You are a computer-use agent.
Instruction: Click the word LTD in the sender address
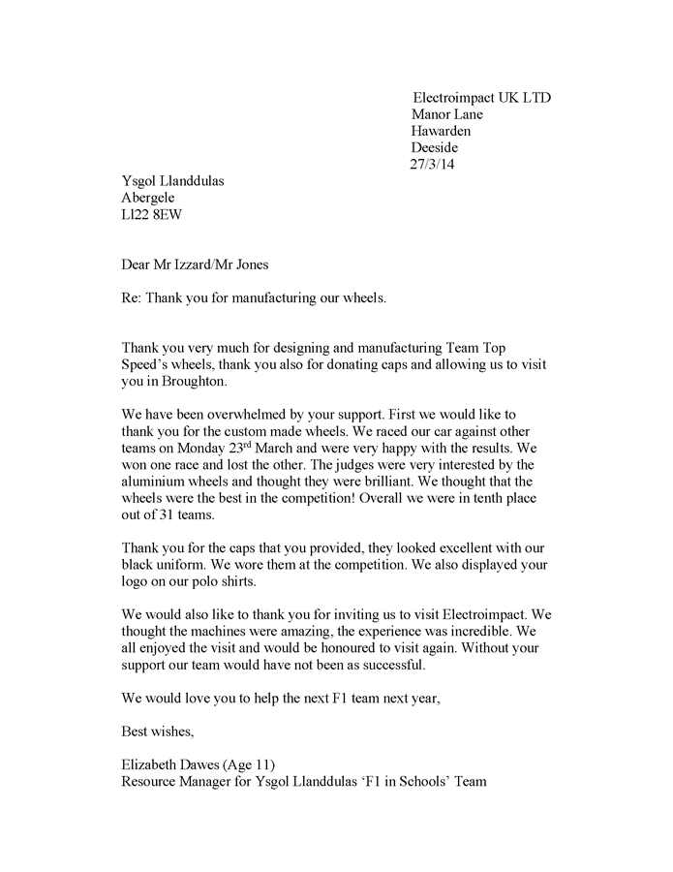[535, 98]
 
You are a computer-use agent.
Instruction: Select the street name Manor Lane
[447, 114]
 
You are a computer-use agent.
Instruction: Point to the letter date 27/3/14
[432, 164]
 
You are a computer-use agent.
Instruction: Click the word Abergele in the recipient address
[148, 198]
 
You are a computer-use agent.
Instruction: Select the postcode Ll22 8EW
[151, 214]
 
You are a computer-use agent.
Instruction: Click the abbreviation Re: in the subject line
[133, 297]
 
